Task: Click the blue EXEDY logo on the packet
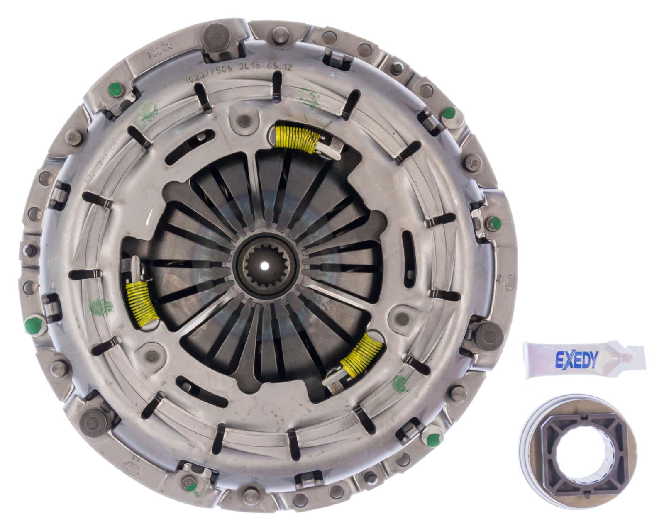pyautogui.click(x=576, y=360)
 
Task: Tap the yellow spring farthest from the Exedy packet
pyautogui.click(x=142, y=300)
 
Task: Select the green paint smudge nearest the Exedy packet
pyautogui.click(x=400, y=383)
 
